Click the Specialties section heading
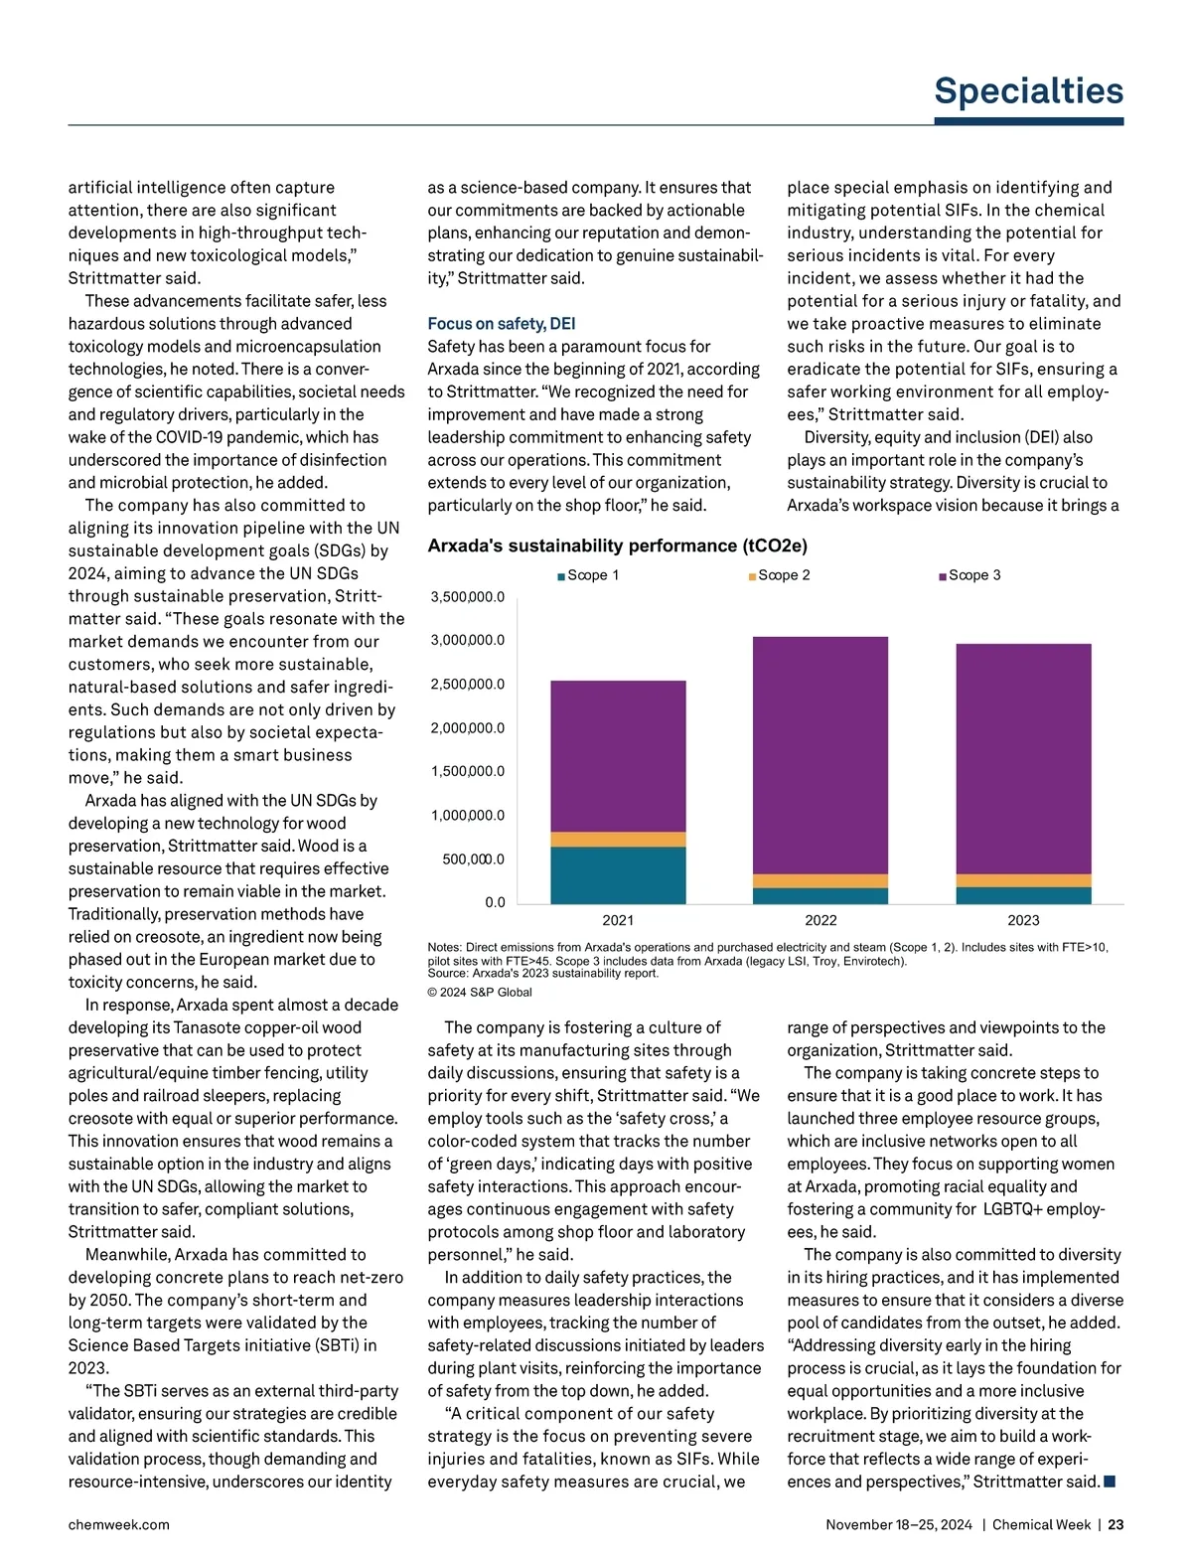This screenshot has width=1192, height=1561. tap(1028, 91)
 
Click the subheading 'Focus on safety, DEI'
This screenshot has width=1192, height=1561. tap(501, 324)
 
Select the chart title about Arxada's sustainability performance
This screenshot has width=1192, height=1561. tap(617, 546)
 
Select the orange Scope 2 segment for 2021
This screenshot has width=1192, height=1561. tap(618, 840)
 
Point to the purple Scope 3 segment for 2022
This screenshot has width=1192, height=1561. tap(820, 755)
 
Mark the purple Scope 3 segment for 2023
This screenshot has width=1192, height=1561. tap(1023, 759)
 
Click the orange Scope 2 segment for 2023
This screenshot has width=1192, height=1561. tap(1023, 880)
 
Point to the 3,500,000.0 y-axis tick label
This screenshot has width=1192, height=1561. tap(467, 597)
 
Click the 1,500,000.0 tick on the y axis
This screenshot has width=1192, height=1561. tap(467, 771)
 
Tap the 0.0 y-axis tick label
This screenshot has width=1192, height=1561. tap(495, 902)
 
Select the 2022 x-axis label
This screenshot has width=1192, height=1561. tap(820, 920)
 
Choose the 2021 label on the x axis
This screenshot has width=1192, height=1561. tap(618, 920)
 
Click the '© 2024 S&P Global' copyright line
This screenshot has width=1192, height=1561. tap(480, 992)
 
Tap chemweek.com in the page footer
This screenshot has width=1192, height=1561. tap(118, 1524)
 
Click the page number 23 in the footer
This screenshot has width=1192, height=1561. tap(1116, 1524)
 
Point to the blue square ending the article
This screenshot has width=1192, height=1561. tap(1110, 1482)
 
